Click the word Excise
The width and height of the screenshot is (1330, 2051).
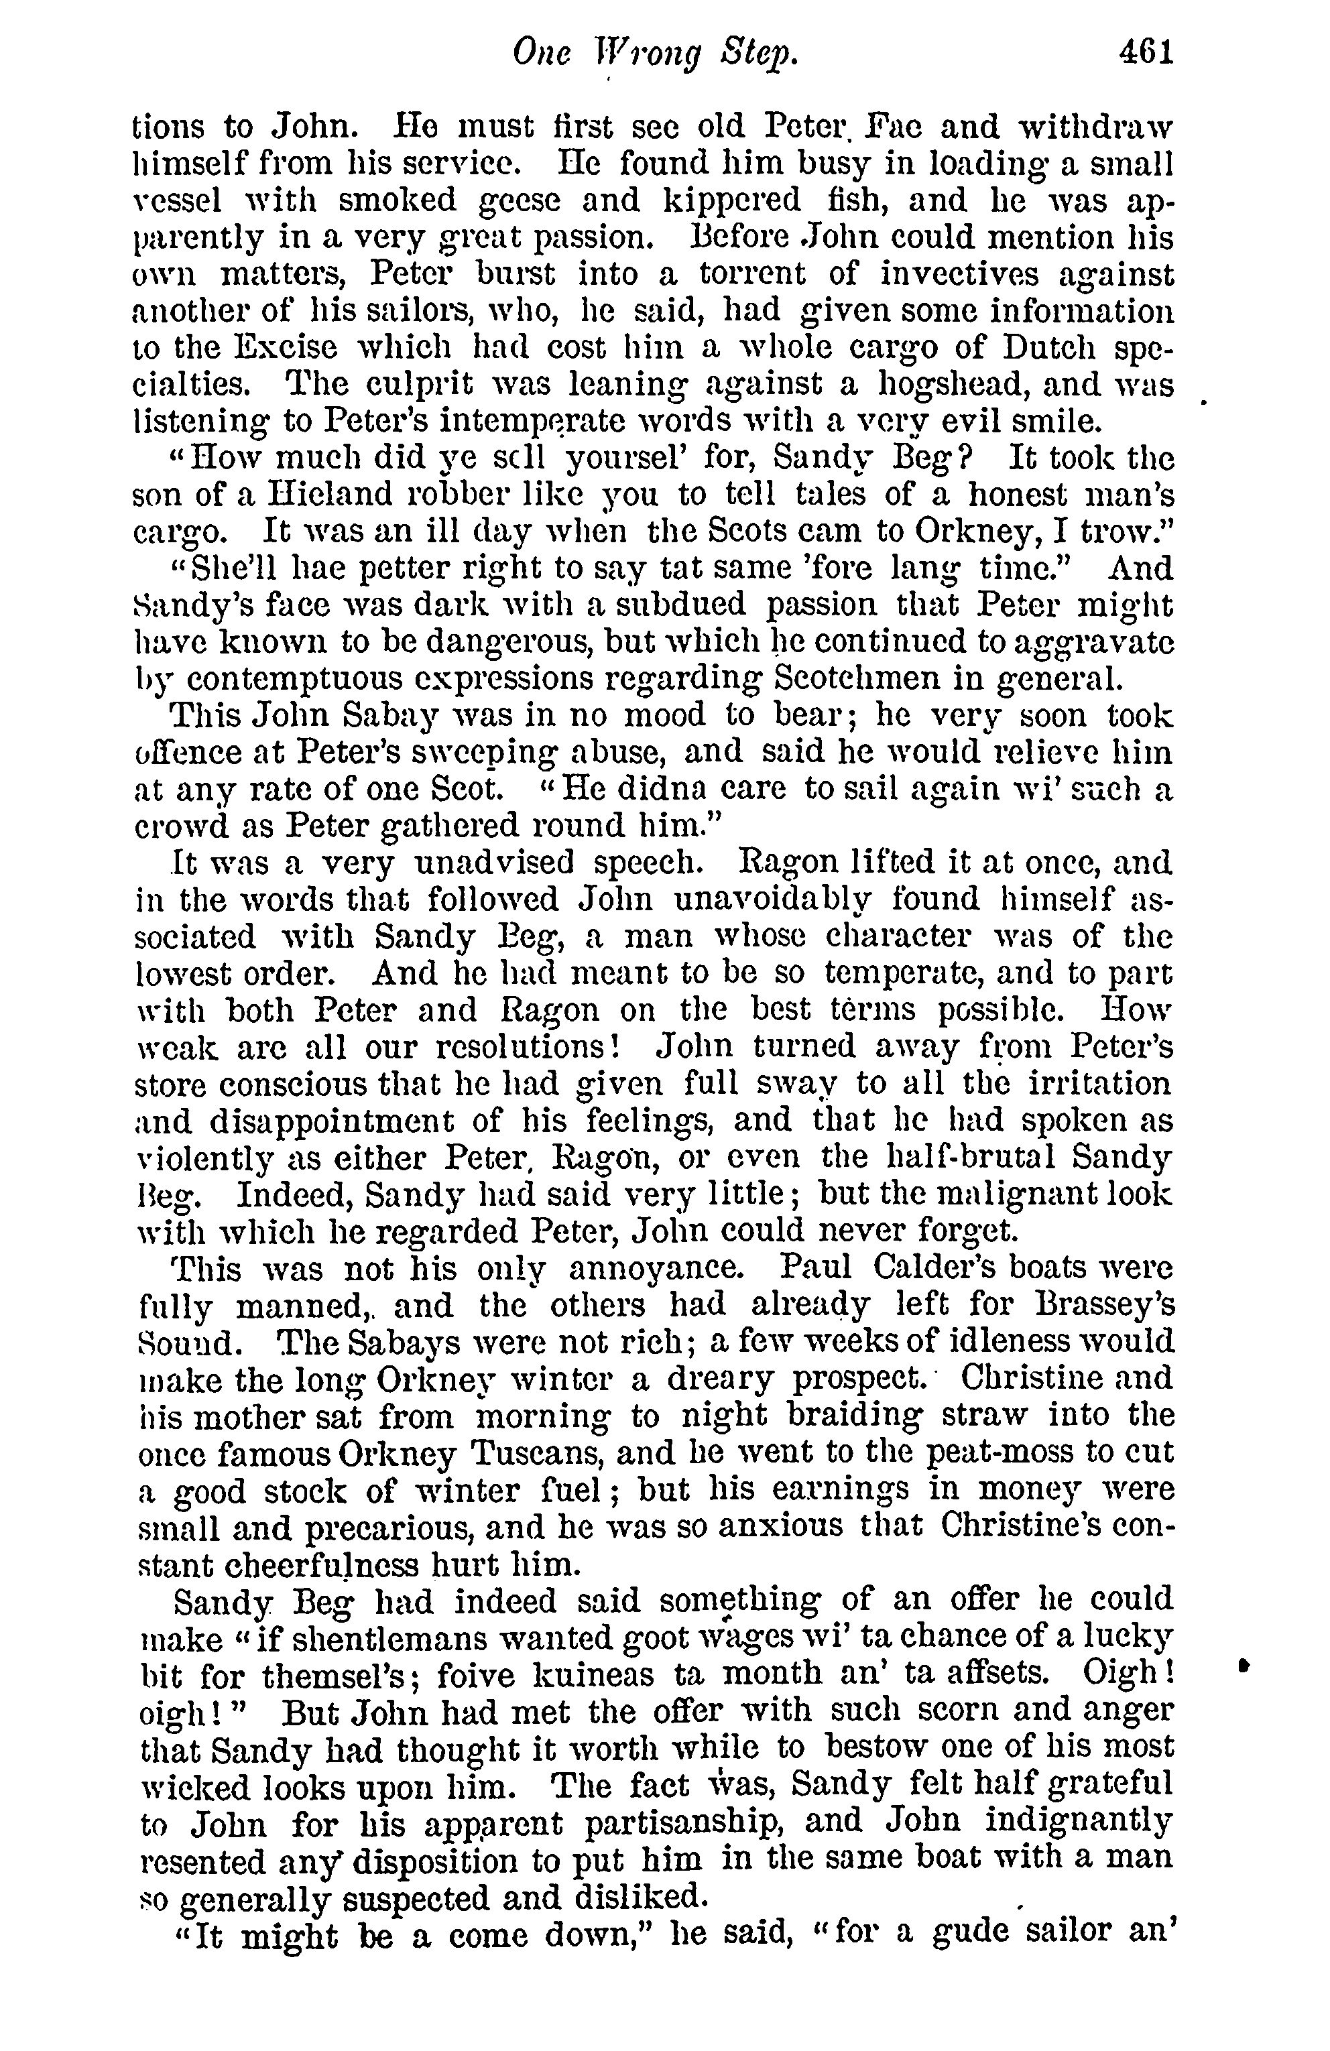coord(269,347)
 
